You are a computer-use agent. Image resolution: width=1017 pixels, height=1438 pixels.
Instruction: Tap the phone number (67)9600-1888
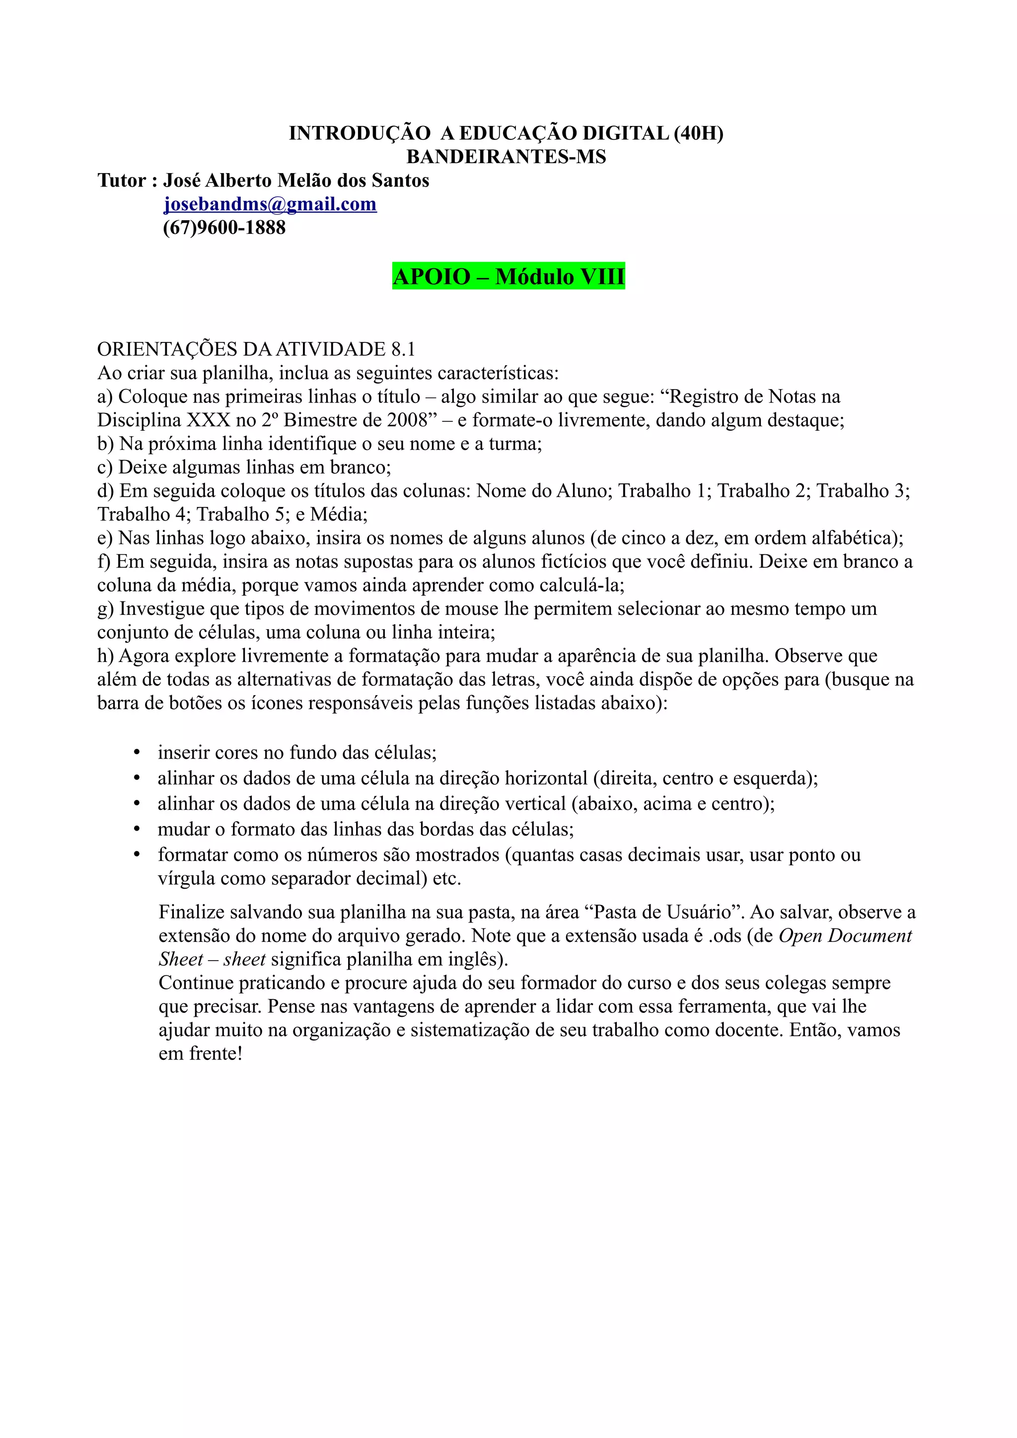pos(223,228)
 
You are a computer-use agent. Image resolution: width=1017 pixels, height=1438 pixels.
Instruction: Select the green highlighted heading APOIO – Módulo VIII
pos(508,276)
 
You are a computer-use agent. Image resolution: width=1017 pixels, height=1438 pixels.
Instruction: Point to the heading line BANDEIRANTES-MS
pos(507,157)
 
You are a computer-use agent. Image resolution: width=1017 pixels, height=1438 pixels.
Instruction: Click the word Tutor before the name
pos(121,181)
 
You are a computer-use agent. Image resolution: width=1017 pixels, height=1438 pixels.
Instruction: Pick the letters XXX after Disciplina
pos(209,420)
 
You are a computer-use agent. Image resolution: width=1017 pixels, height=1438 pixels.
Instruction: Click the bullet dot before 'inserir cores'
pos(137,753)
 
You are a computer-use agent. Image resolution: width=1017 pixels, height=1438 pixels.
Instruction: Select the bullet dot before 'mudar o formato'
pos(137,830)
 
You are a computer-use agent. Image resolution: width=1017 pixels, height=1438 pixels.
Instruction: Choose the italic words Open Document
pos(845,936)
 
